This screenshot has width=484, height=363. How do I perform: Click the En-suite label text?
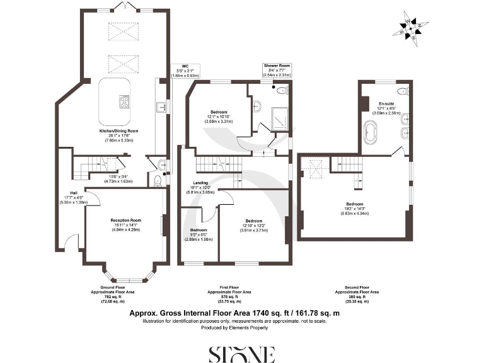tap(386, 106)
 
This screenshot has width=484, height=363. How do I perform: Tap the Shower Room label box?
tap(276, 69)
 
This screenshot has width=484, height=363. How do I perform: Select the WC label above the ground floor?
tap(185, 69)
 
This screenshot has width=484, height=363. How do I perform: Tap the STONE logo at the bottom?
tap(242, 354)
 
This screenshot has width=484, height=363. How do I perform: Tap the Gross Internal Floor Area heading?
tap(234, 313)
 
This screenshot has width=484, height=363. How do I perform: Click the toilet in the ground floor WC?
tap(159, 181)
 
